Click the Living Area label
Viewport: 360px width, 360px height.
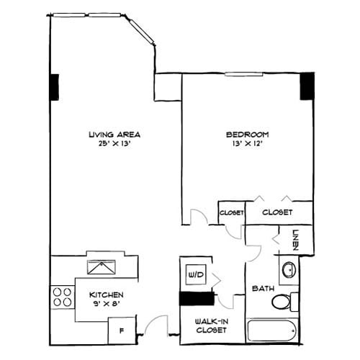coord(114,135)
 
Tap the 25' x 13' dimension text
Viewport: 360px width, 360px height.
coord(114,143)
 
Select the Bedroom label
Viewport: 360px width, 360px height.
coord(248,135)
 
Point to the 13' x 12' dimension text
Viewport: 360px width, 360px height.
coord(248,143)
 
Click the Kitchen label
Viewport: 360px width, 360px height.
coord(106,295)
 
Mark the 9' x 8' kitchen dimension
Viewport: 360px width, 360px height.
coord(106,304)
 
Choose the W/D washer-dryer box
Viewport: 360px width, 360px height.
coord(195,274)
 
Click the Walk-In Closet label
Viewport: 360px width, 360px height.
coord(212,325)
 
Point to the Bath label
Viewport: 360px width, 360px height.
coord(261,289)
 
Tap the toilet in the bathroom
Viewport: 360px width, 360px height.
coord(284,300)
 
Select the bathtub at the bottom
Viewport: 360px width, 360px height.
coord(271,332)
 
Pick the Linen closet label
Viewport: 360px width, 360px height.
coord(295,238)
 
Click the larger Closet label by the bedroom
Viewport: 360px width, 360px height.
coord(276,212)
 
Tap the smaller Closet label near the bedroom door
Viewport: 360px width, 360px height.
coord(230,212)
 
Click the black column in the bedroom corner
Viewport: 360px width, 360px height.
coord(307,86)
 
